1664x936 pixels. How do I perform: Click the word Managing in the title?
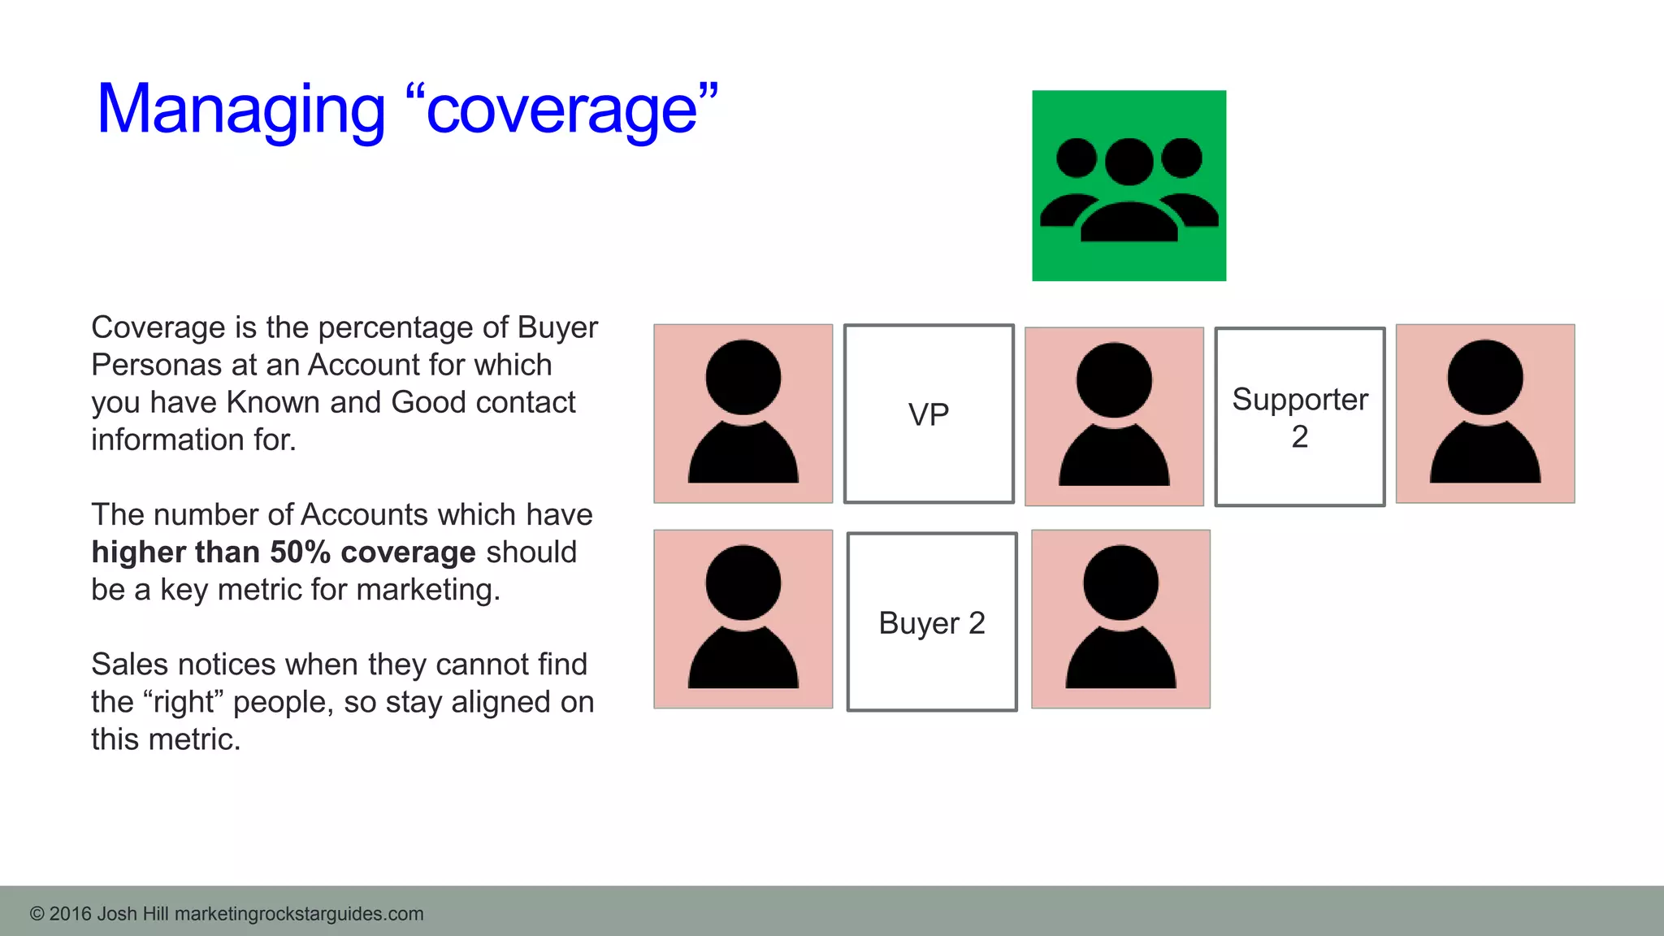(240, 110)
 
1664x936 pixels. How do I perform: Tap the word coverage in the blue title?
(561, 110)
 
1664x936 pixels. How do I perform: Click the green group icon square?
(1129, 186)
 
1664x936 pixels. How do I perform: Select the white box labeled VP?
(929, 414)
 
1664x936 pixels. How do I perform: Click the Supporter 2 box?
(1299, 417)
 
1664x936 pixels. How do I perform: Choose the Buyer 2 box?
(931, 622)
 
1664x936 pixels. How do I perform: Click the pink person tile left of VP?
(743, 414)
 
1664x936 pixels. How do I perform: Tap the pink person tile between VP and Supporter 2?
(1114, 416)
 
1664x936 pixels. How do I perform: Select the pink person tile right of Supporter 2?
(1484, 414)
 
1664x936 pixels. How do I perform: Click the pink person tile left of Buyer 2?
(743, 619)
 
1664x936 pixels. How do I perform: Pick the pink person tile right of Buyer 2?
(1120, 619)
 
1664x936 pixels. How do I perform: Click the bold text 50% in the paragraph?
(300, 552)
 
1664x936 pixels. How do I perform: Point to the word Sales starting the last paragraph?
(130, 665)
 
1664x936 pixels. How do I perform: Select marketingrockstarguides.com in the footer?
(299, 914)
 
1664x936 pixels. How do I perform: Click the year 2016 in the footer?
(70, 914)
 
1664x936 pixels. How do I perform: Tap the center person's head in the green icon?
(1129, 161)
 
